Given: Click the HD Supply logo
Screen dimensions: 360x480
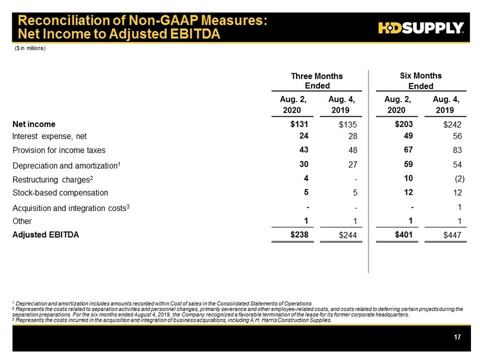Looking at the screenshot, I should pyautogui.click(x=421, y=28).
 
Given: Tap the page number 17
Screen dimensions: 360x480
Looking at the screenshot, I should pyautogui.click(x=457, y=337).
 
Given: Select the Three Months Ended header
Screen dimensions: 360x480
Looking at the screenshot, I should pyautogui.click(x=316, y=81).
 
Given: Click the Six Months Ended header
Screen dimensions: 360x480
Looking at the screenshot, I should pyautogui.click(x=420, y=81).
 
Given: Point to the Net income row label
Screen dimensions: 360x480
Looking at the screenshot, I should pyautogui.click(x=34, y=124).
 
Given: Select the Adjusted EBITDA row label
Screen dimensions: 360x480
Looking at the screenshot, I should pyautogui.click(x=46, y=235).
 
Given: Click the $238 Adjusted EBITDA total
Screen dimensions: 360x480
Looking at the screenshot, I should pyautogui.click(x=299, y=235).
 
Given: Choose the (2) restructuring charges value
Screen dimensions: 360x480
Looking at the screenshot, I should pyautogui.click(x=458, y=179).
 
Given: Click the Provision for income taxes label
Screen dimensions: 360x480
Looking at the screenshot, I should pyautogui.click(x=59, y=150).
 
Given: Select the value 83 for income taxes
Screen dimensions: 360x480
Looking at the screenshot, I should pyautogui.click(x=457, y=151).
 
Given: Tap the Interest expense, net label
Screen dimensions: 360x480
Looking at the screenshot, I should pyautogui.click(x=50, y=136).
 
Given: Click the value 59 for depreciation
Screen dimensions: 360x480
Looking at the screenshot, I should pyautogui.click(x=406, y=164).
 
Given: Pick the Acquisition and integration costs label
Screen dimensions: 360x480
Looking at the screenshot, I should pyautogui.click(x=71, y=208).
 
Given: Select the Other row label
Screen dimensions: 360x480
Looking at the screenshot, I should pyautogui.click(x=22, y=221).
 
